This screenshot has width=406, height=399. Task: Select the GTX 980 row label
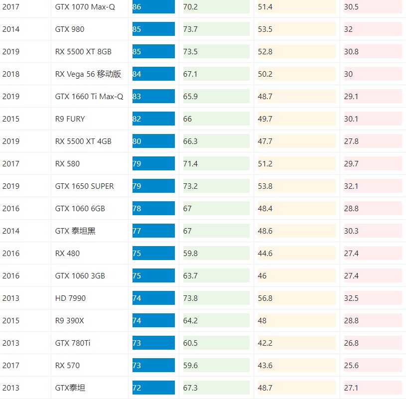[70, 29]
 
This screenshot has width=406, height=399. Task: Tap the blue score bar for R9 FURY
[153, 119]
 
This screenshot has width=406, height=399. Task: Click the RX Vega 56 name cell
[88, 74]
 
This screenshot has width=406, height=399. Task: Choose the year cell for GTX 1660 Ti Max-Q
[11, 96]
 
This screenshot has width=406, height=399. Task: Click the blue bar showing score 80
[153, 141]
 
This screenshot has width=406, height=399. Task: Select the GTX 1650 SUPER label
[84, 186]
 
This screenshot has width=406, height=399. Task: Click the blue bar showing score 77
[153, 231]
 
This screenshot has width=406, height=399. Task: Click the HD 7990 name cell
[70, 298]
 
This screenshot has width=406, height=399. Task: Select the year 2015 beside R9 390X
[11, 320]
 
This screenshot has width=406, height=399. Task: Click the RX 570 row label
[67, 365]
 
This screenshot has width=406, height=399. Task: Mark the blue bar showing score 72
[153, 388]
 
